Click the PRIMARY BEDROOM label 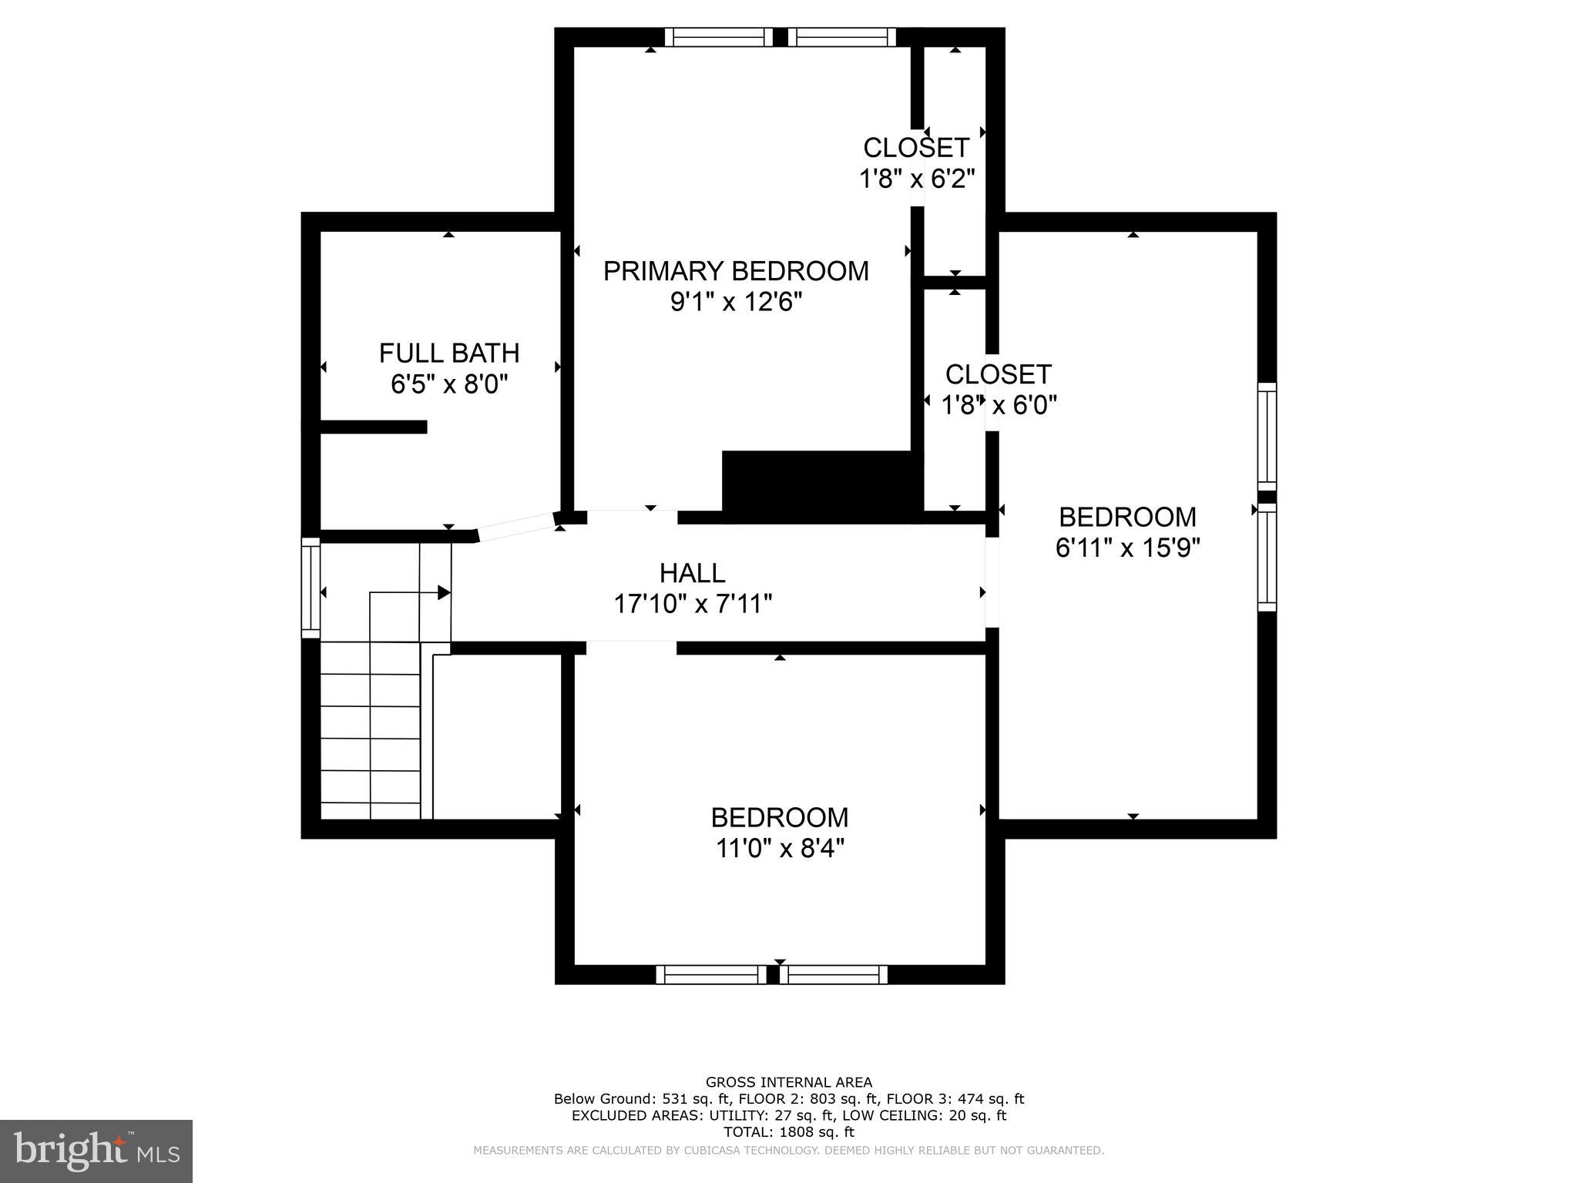736,271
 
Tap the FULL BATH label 449,353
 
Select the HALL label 692,573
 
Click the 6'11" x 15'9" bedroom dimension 1127,548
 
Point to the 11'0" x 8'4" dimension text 780,849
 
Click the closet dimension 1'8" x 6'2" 917,179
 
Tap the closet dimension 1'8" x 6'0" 999,404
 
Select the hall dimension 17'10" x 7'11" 692,604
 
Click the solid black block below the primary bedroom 821,482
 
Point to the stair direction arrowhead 444,592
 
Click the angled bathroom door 516,526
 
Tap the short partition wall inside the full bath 374,427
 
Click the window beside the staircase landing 311,588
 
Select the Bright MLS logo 96,1151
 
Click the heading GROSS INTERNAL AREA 788,1082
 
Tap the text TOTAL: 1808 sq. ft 788,1132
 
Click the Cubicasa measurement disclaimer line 788,1151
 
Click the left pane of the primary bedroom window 718,37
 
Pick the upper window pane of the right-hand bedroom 1267,436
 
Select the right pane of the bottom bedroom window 834,974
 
